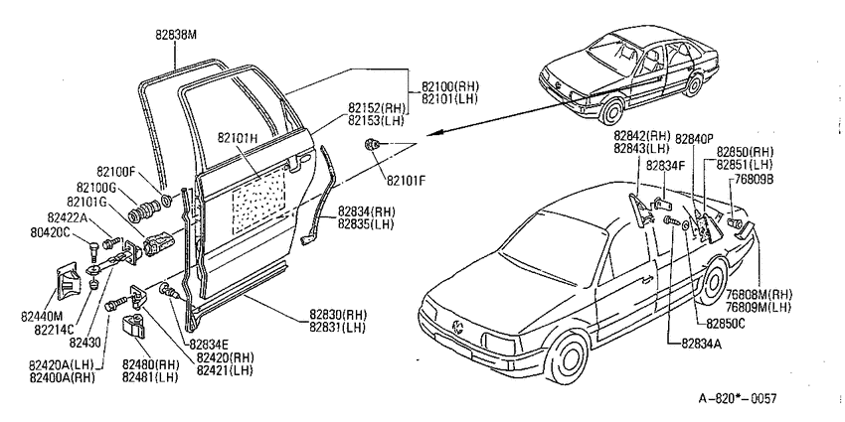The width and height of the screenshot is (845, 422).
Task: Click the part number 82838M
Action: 176,35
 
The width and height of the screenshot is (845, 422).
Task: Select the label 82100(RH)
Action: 450,86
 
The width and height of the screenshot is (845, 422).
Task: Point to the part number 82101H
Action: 240,137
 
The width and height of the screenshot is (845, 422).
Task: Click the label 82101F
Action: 406,182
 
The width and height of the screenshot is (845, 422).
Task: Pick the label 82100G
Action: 95,187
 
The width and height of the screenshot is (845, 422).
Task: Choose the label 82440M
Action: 42,317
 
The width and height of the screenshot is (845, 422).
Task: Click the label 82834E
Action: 208,345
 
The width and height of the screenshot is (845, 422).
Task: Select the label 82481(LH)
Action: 150,377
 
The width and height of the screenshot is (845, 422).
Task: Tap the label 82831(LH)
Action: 337,328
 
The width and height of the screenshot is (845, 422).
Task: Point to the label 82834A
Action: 700,343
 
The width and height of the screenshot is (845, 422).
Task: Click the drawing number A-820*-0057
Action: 738,399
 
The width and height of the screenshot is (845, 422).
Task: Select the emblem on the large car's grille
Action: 458,326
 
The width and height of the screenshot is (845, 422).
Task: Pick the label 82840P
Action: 695,138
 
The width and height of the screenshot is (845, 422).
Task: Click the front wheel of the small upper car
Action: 613,109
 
